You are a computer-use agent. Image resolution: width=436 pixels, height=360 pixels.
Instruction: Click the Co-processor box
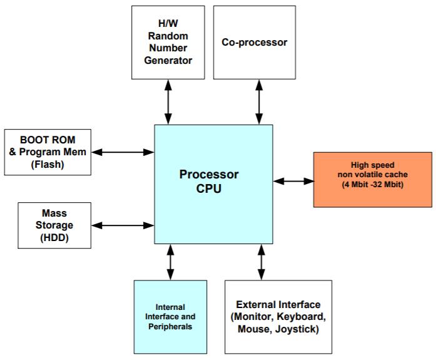(x=255, y=43)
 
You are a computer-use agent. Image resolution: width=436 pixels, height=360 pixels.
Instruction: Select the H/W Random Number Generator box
(x=169, y=43)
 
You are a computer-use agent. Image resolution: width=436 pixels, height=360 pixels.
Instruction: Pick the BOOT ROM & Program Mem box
(x=48, y=152)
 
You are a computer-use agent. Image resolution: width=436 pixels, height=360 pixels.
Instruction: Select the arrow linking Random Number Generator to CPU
(x=168, y=101)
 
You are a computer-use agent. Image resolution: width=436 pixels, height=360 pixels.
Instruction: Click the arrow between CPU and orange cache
(x=293, y=181)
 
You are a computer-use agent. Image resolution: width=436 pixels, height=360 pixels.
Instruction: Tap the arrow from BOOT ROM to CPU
(x=122, y=152)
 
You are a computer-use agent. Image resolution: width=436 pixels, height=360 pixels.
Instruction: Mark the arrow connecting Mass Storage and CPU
(x=122, y=224)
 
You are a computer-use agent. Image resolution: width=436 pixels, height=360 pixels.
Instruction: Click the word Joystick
(x=297, y=328)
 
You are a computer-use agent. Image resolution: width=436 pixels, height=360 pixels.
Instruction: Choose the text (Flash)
(x=48, y=164)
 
